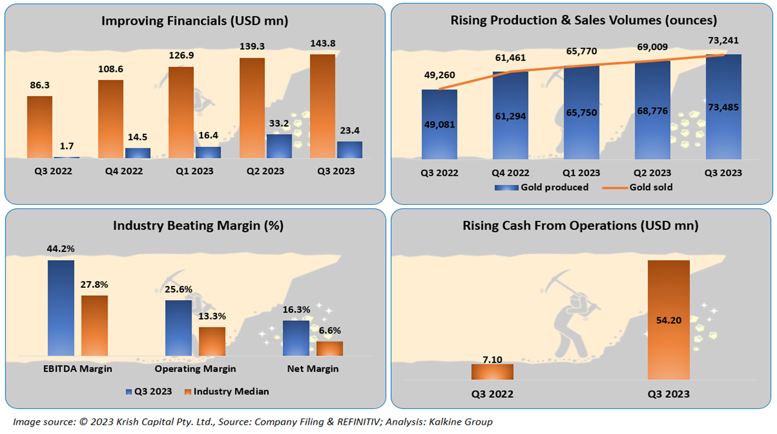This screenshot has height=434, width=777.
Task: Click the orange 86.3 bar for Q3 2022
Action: pyautogui.click(x=40, y=127)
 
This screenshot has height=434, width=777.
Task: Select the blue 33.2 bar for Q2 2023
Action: pyautogui.click(x=279, y=146)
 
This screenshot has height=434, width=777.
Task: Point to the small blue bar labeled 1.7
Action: pyautogui.click(x=66, y=157)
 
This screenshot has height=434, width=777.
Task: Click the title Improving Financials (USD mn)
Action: pyautogui.click(x=195, y=21)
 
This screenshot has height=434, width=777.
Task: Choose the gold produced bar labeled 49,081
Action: pyautogui.click(x=439, y=124)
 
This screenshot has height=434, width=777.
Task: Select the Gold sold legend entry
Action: pyautogui.click(x=638, y=187)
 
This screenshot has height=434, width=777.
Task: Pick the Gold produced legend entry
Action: pyautogui.click(x=541, y=187)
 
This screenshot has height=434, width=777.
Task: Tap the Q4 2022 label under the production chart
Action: pyautogui.click(x=510, y=173)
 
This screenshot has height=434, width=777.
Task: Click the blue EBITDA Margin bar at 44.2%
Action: pyautogui.click(x=61, y=308)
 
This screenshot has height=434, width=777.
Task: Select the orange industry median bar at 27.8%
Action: pyautogui.click(x=94, y=325)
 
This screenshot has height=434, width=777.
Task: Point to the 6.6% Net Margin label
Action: pyautogui.click(x=329, y=331)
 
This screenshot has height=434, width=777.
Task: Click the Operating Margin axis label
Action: pyautogui.click(x=195, y=369)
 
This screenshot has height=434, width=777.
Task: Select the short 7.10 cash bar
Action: pyautogui.click(x=492, y=371)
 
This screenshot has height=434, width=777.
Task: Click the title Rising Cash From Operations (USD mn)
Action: pyautogui.click(x=581, y=226)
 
